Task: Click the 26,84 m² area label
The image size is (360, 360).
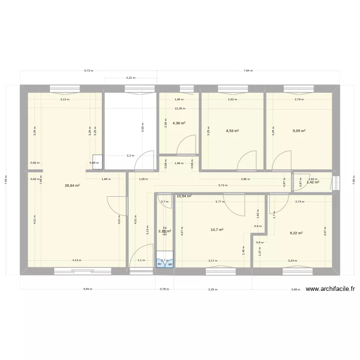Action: [x=72, y=185]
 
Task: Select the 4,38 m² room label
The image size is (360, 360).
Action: [x=180, y=123]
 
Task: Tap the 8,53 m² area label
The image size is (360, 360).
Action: [x=233, y=130]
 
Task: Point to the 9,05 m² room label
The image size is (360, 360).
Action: [x=299, y=130]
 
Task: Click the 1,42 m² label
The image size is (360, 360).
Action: [x=313, y=182]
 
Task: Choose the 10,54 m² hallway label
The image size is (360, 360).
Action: [x=184, y=196]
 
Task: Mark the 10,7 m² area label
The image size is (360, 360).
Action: [x=217, y=229]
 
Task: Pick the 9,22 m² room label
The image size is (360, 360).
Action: [x=296, y=233]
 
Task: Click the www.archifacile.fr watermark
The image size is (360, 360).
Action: [x=330, y=289]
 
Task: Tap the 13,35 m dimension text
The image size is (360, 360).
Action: [x=180, y=108]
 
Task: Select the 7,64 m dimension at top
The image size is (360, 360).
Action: [x=248, y=71]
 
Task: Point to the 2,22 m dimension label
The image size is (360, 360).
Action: [x=131, y=78]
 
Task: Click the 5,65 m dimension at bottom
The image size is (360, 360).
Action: [x=87, y=289]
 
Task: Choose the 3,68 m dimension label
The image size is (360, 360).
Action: [x=296, y=289]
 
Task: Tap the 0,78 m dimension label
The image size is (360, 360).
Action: [x=165, y=289]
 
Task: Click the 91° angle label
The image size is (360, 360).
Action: [x=160, y=264]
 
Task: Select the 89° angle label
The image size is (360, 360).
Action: [x=170, y=264]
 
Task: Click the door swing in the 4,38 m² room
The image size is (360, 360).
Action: [x=187, y=144]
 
